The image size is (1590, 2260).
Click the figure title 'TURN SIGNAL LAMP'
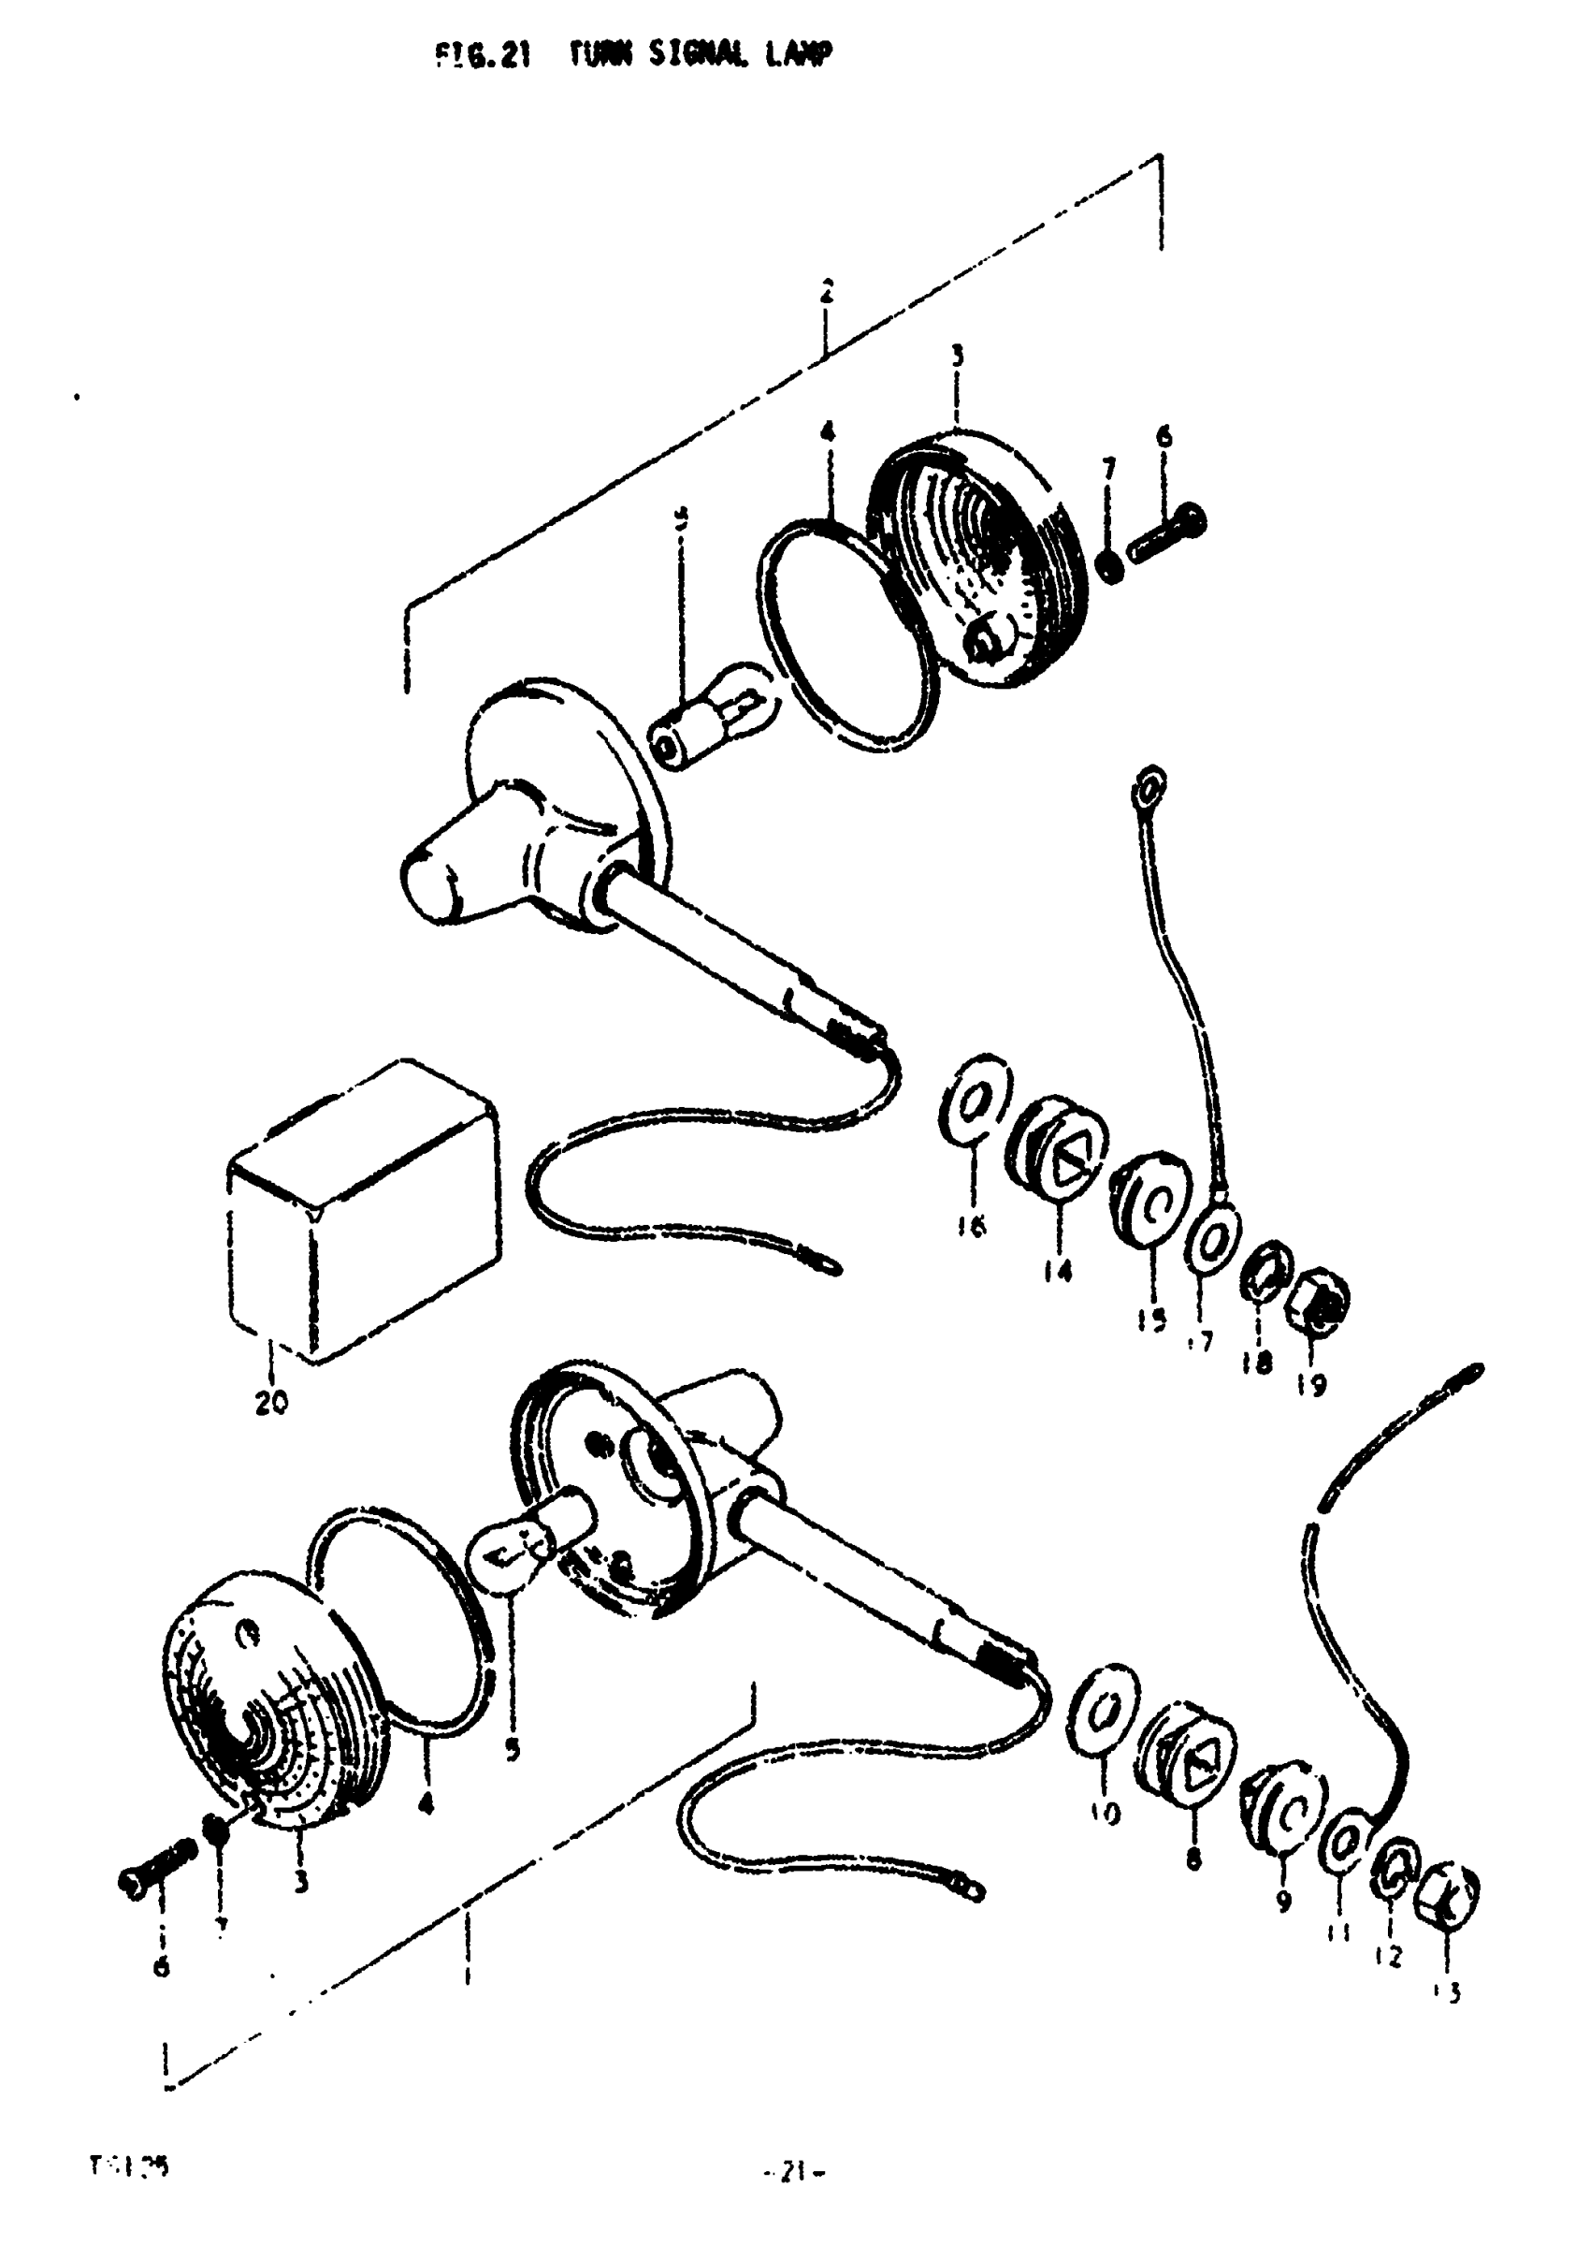pyautogui.click(x=701, y=56)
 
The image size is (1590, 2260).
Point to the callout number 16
pyautogui.click(x=970, y=1227)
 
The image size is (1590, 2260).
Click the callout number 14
pyautogui.click(x=1058, y=1273)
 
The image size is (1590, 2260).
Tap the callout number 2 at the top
pyautogui.click(x=827, y=291)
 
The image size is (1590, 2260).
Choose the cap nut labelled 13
pyautogui.click(x=1446, y=1891)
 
